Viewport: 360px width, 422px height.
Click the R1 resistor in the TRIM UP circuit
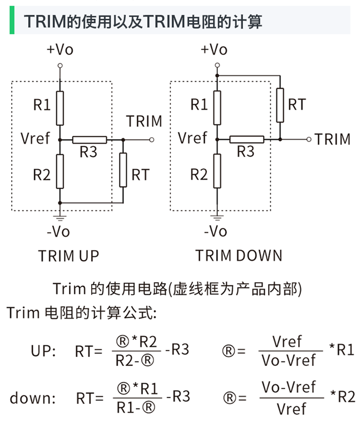[x=60, y=108]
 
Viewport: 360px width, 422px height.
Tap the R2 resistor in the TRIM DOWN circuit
[x=217, y=171]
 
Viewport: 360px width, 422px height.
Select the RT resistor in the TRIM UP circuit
[x=123, y=170]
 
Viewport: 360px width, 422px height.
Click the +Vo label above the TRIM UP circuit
[x=60, y=49]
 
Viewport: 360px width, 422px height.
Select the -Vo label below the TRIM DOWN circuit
[x=216, y=232]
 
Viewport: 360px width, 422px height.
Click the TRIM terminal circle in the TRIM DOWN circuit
[x=309, y=139]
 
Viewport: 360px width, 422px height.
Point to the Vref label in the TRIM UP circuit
[x=35, y=138]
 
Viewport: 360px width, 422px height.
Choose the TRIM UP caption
[x=68, y=256]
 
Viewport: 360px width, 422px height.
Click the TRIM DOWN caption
[x=239, y=256]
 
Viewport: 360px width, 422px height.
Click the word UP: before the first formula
[x=43, y=351]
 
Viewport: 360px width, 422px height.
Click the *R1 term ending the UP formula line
[x=341, y=350]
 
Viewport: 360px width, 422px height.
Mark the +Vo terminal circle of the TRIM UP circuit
[x=60, y=66]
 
